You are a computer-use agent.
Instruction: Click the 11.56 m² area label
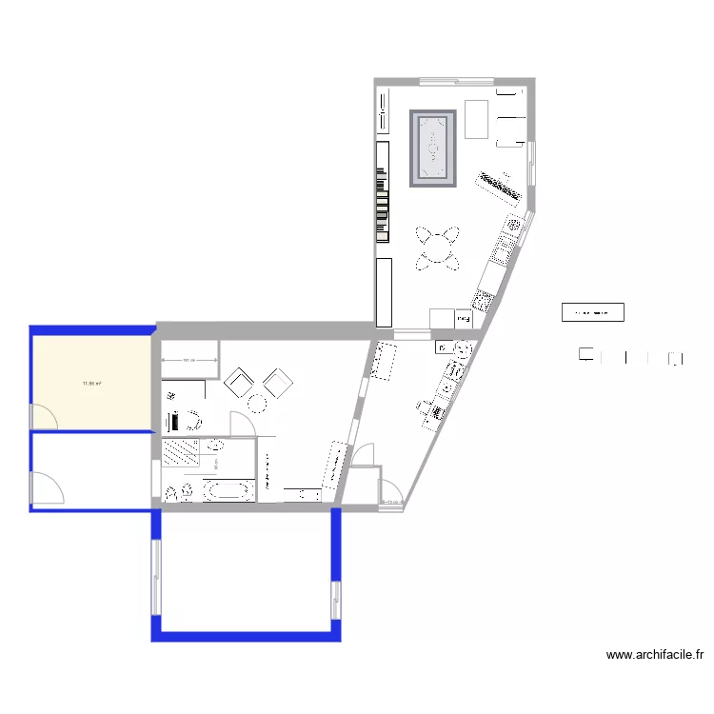(91, 384)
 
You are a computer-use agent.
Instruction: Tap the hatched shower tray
(180, 452)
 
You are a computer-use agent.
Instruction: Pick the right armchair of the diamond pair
(278, 383)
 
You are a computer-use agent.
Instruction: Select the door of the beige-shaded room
(44, 415)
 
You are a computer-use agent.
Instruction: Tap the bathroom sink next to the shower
(216, 446)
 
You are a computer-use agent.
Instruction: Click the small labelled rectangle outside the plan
(592, 311)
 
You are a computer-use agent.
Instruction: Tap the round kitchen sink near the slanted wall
(514, 226)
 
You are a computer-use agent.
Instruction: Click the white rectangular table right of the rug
(476, 118)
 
